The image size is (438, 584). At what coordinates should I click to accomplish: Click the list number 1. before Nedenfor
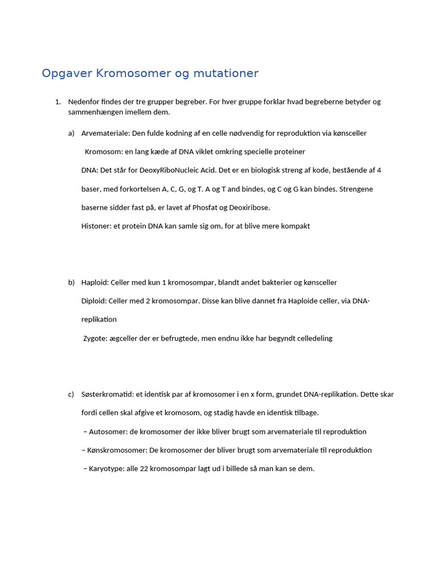(58, 102)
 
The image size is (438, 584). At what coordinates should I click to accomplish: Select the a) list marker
(71, 133)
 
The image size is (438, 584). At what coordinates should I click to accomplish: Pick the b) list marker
(71, 283)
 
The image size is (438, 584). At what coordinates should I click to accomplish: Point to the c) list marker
(71, 395)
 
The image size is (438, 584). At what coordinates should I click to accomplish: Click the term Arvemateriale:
(106, 133)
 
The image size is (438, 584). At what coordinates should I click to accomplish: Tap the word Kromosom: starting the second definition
(103, 152)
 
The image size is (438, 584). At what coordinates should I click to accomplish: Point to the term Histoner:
(96, 226)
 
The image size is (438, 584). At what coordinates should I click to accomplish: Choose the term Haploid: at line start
(95, 283)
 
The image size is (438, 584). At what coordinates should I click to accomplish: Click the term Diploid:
(95, 301)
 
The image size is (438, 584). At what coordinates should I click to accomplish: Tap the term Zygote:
(96, 339)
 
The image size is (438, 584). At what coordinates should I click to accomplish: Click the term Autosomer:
(109, 432)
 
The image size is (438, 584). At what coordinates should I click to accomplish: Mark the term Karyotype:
(108, 469)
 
